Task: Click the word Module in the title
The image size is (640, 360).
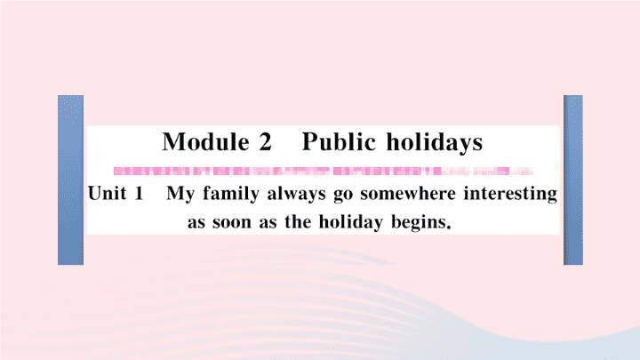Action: pos(205,142)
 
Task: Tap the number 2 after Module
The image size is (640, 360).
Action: pos(265,142)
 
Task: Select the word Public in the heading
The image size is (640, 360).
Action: pos(339,142)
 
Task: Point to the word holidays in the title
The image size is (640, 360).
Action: pos(435,143)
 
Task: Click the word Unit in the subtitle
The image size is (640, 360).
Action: pos(107,193)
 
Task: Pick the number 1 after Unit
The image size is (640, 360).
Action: pos(139,193)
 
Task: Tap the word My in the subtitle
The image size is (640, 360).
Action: pos(180,195)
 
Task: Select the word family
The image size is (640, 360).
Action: pos(231,194)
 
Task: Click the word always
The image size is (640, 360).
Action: pos(296,194)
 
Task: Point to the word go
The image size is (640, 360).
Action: pos(343,196)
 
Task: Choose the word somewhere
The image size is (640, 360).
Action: pos(408,193)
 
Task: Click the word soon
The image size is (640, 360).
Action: pos(232,223)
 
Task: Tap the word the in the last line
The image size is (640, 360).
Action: pos(298,221)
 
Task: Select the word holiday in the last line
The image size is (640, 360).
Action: pos(351,222)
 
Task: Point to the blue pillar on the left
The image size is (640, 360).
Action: pos(70,180)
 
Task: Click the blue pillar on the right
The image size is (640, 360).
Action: pos(573,180)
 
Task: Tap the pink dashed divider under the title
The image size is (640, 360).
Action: pos(324,171)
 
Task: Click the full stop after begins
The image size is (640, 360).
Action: pos(449,228)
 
